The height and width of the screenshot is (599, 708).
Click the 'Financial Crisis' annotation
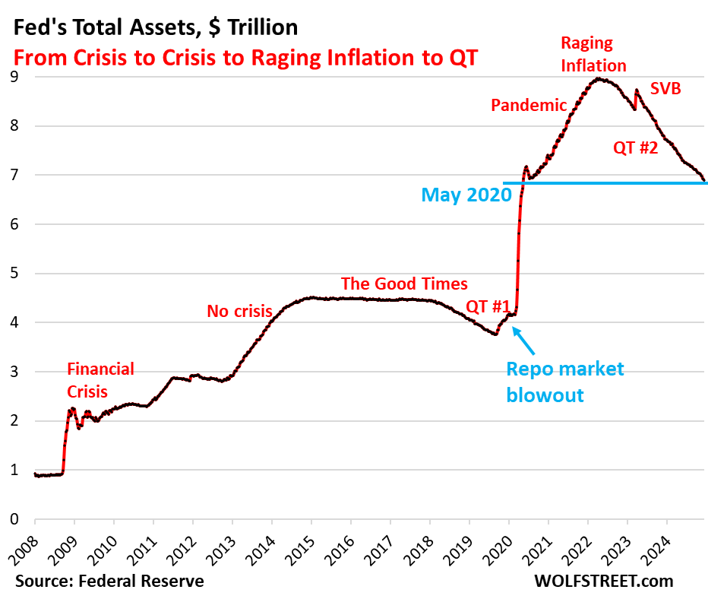point(100,380)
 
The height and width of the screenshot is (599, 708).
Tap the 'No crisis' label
point(239,310)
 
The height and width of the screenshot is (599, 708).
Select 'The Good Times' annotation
point(404,284)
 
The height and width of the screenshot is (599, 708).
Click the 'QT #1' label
point(488,306)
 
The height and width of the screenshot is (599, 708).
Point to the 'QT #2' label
point(635,148)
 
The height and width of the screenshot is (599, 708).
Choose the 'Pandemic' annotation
point(529,105)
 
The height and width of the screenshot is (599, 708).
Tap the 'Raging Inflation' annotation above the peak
point(593,54)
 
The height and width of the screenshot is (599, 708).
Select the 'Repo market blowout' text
point(565,382)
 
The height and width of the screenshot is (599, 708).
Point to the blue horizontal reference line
point(608,183)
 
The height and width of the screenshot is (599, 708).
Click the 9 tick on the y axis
point(14,77)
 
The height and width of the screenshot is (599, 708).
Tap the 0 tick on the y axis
point(14,519)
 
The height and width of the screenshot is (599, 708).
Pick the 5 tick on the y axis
point(14,274)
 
